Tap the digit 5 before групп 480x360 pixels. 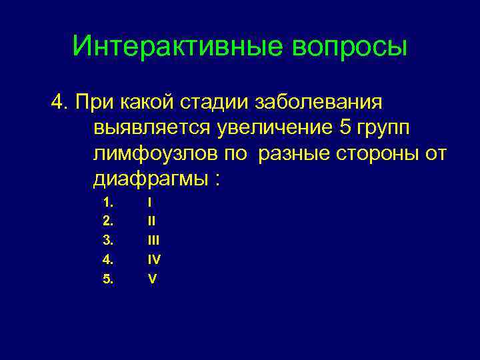[x=343, y=129]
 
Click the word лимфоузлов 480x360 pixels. [x=155, y=154]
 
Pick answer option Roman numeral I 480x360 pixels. [x=150, y=202]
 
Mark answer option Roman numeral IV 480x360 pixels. [x=154, y=260]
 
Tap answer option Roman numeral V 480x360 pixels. [x=152, y=279]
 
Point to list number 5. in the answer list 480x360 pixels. [x=109, y=279]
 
